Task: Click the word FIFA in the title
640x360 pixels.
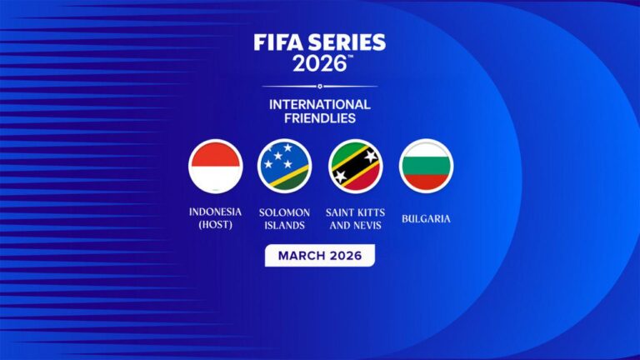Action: pos(280,42)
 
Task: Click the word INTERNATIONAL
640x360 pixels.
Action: pos(320,104)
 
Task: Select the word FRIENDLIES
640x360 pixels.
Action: pos(320,118)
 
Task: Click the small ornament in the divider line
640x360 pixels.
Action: pos(320,86)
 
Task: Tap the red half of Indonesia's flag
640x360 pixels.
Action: pos(215,154)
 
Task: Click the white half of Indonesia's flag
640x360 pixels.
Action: pos(215,179)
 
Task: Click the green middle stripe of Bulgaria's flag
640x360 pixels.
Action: pos(427,167)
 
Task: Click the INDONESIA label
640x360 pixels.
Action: pos(215,212)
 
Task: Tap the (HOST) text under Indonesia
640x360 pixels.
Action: pos(215,225)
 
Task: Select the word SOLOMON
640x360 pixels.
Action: pos(285,212)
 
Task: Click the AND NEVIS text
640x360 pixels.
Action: pos(354,225)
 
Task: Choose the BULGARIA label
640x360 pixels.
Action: pos(427,219)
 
